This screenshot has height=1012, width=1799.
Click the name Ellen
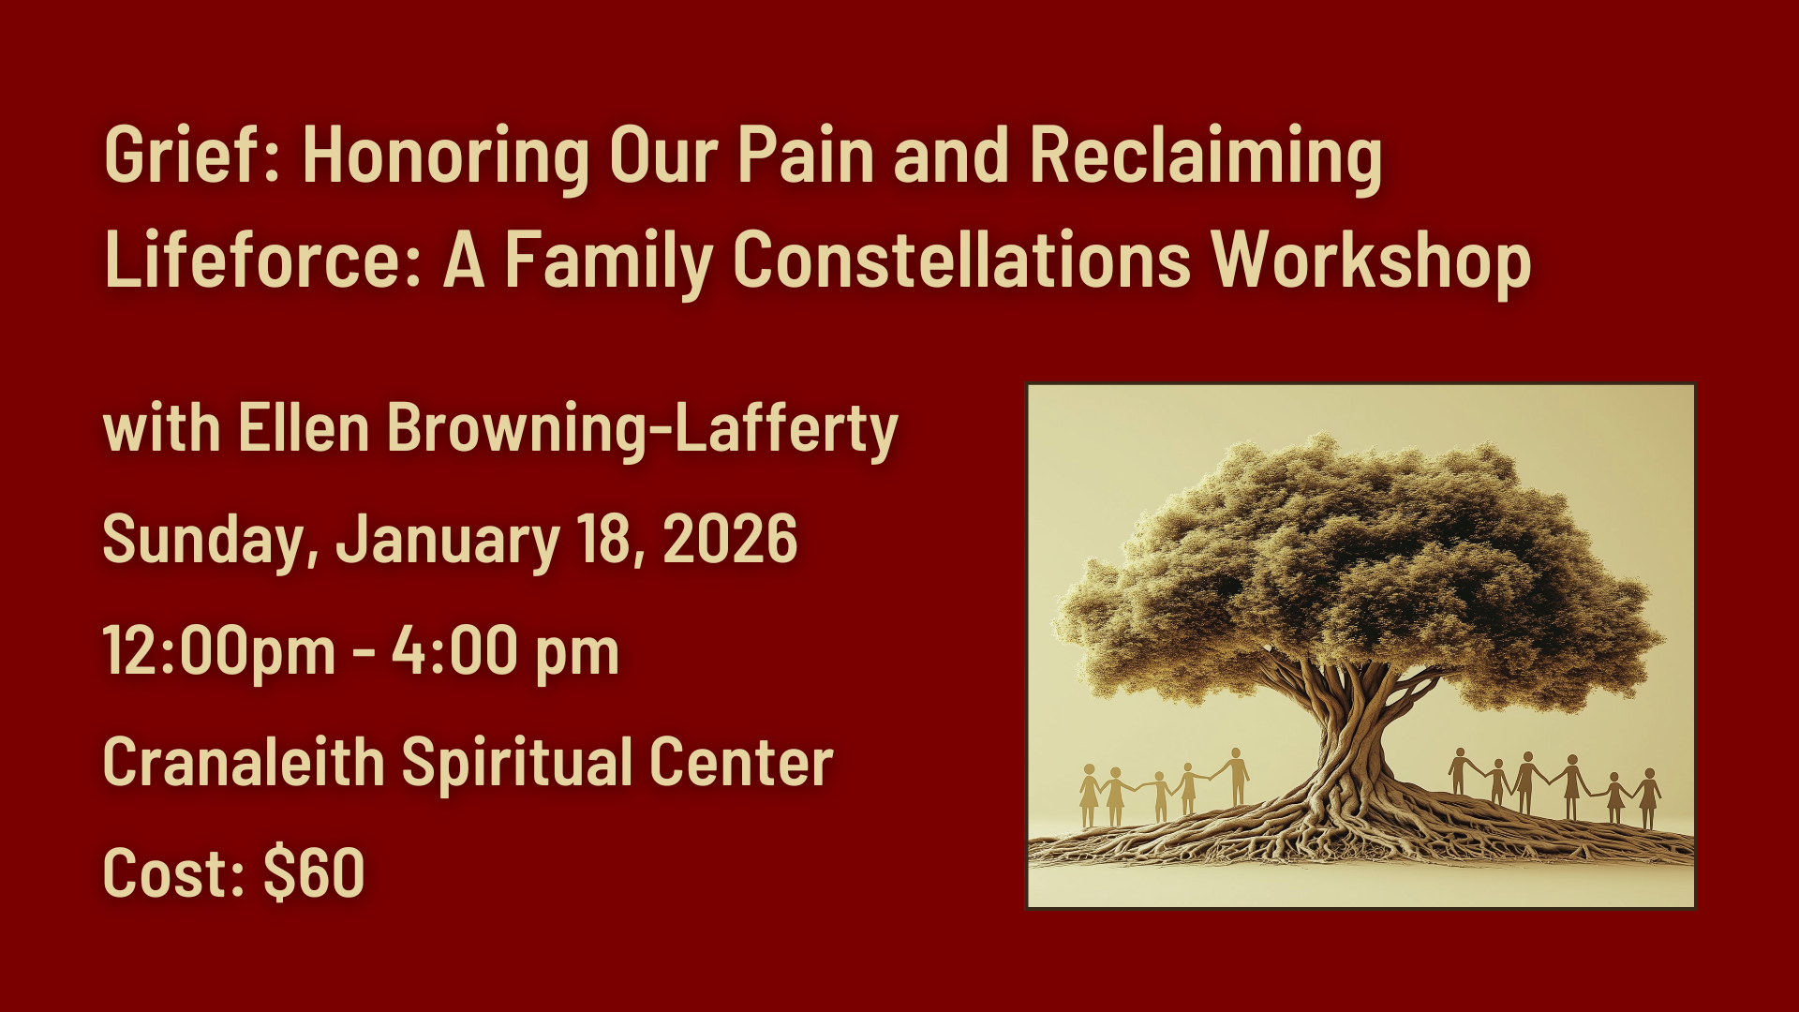[304, 428]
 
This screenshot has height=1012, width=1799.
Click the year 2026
[730, 539]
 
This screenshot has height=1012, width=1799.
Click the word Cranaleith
[244, 762]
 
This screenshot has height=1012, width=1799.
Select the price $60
[314, 872]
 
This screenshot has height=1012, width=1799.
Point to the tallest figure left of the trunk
[1237, 777]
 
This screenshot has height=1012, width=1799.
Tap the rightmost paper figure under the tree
[1649, 798]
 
